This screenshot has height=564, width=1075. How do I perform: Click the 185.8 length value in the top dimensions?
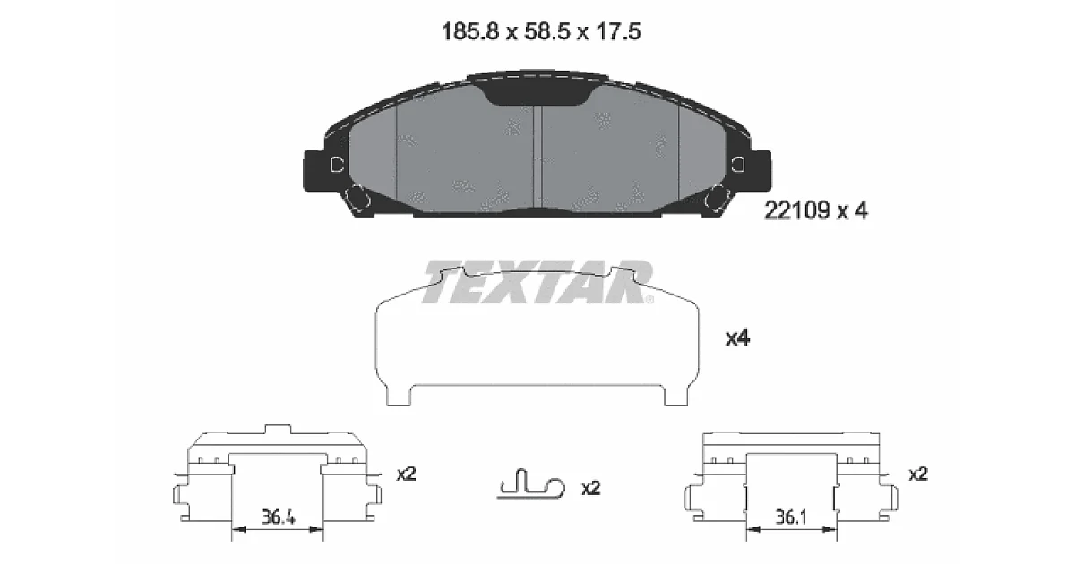(x=469, y=32)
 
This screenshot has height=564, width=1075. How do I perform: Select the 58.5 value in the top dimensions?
(x=546, y=32)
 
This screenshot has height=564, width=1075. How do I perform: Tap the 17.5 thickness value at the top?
(x=618, y=32)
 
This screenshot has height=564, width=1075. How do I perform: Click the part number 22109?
(x=796, y=210)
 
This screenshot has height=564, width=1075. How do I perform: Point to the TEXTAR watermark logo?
(x=538, y=282)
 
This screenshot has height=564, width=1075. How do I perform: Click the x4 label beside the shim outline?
(x=737, y=338)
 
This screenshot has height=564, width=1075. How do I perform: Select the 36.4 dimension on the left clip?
(x=279, y=517)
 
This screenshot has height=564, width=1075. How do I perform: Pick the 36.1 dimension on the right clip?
(x=791, y=517)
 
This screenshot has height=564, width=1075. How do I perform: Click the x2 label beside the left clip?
(x=406, y=474)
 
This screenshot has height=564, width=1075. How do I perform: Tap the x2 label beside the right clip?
(x=918, y=474)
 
